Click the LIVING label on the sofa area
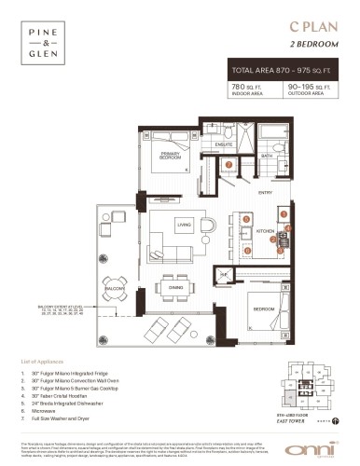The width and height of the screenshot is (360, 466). (185, 225)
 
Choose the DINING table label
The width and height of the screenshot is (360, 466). (175, 288)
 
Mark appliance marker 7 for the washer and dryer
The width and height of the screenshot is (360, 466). (229, 165)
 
